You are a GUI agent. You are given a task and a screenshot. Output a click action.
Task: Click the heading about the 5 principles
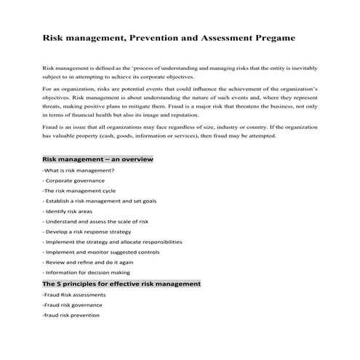tap(121, 284)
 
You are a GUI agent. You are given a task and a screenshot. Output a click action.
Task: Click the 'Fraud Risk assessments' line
tap(74, 295)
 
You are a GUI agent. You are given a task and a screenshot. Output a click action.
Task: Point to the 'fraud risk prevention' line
tap(71, 316)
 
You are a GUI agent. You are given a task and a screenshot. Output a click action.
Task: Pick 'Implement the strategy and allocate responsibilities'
tap(113, 241)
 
